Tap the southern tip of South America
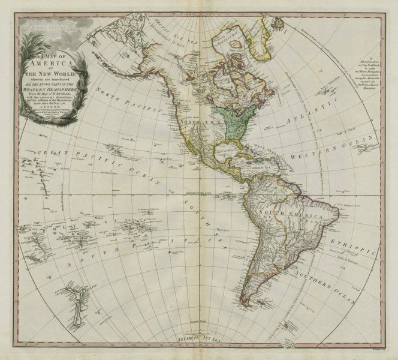pyautogui.click(x=245, y=304)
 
